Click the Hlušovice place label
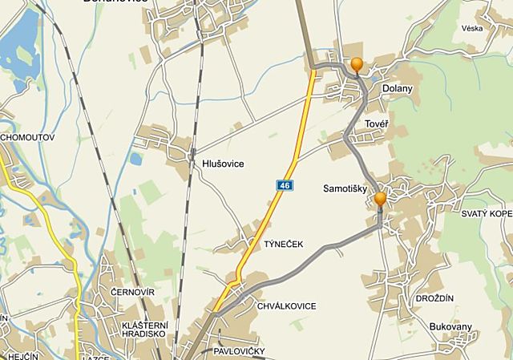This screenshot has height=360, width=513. (223, 164)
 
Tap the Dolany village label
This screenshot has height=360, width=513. (398, 89)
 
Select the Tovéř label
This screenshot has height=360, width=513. (376, 124)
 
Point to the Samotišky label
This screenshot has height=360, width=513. (344, 189)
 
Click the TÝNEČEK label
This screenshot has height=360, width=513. (284, 244)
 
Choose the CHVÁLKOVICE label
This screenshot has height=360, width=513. (287, 306)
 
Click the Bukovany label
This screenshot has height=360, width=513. (450, 327)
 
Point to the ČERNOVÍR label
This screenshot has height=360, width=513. (133, 291)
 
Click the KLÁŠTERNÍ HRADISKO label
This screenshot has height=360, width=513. (143, 330)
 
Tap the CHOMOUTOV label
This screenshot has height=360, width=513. (28, 137)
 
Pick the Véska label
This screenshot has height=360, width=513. (472, 27)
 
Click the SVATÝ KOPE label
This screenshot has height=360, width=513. (486, 214)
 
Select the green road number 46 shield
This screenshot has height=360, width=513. (285, 185)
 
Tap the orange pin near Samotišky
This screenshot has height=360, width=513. (380, 198)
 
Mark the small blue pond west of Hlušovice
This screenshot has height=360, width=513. (135, 159)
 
